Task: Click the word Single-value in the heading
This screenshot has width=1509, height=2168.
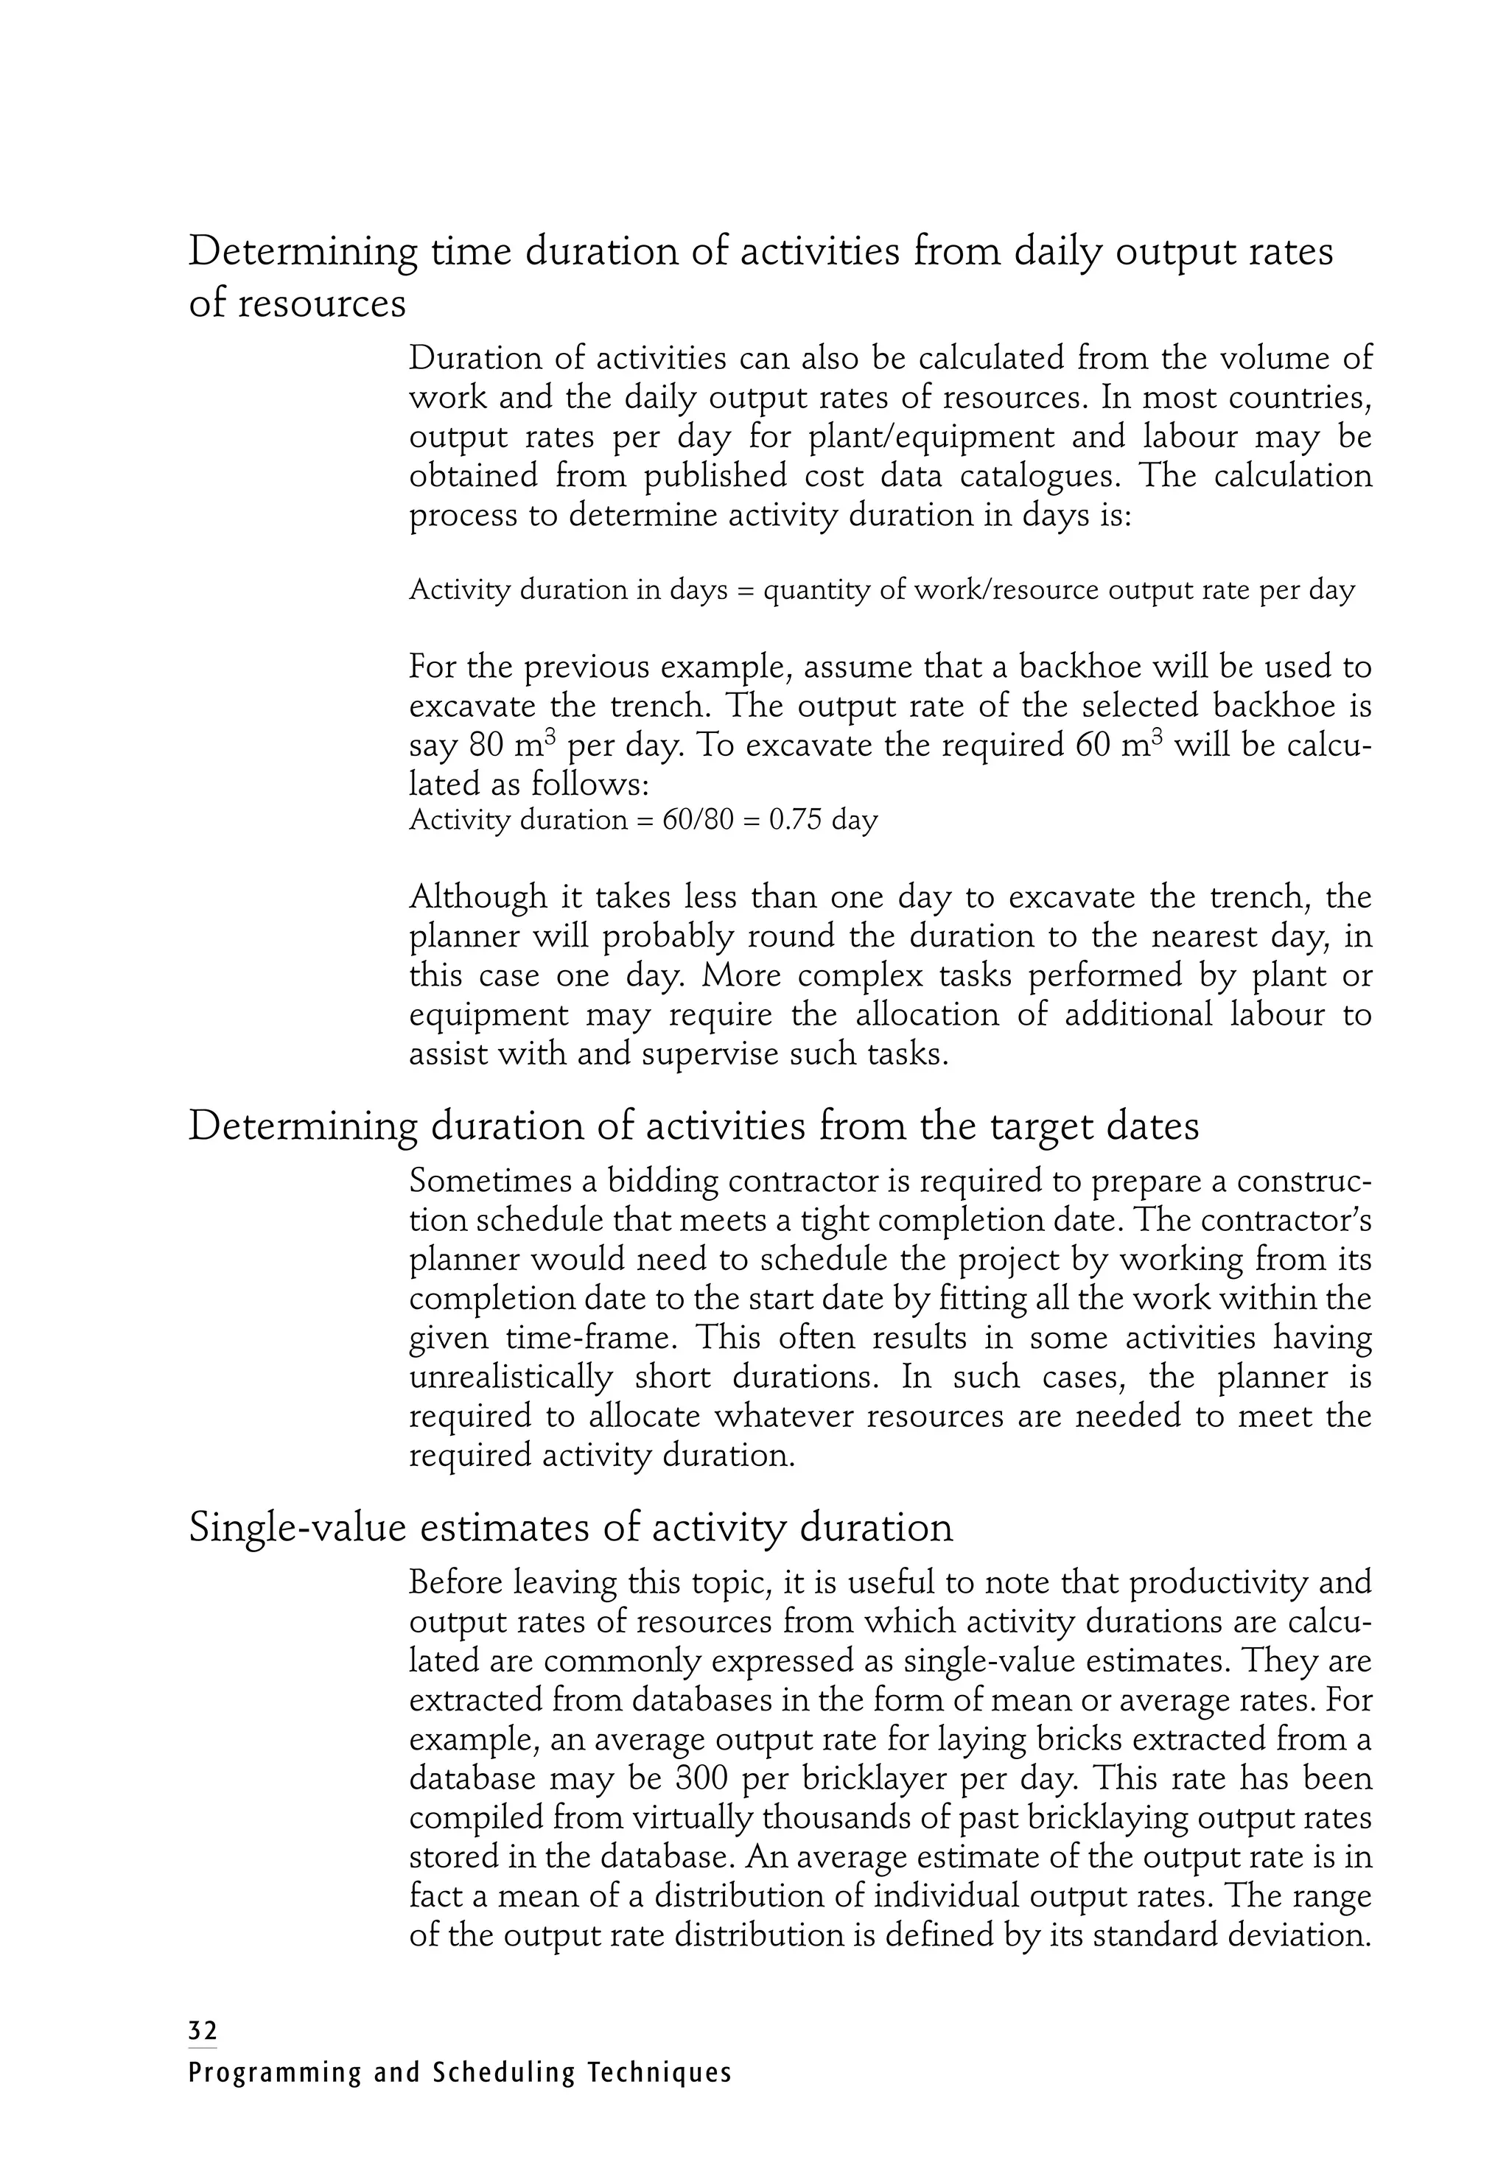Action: click(x=296, y=1528)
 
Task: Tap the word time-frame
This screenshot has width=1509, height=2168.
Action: click(x=579, y=1338)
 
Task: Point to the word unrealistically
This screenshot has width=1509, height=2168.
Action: click(x=511, y=1378)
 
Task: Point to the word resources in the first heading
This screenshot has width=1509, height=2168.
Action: click(x=325, y=304)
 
